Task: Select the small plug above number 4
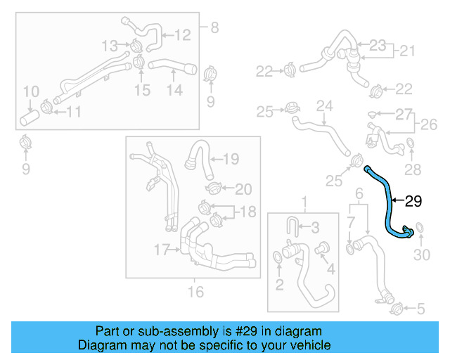[325, 248]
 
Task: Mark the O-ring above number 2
[278, 261]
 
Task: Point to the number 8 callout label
[214, 28]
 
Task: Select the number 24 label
[323, 106]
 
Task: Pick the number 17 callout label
[162, 249]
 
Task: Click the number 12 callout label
[182, 34]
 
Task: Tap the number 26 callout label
[427, 126]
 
